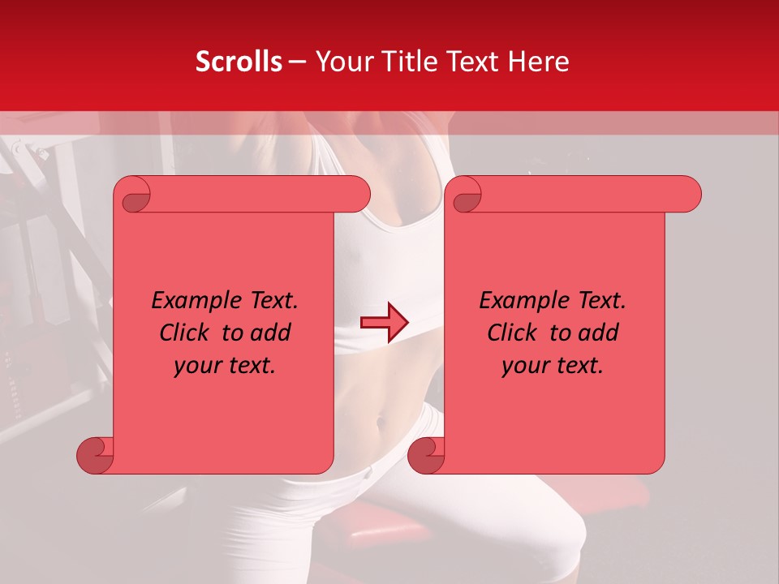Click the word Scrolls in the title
pyautogui.click(x=239, y=62)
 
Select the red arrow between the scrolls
pyautogui.click(x=384, y=322)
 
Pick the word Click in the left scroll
pyautogui.click(x=178, y=333)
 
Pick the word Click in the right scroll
pyautogui.click(x=506, y=333)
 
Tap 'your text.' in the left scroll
pyautogui.click(x=225, y=366)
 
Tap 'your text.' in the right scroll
pyautogui.click(x=553, y=366)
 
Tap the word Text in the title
pyautogui.click(x=472, y=62)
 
